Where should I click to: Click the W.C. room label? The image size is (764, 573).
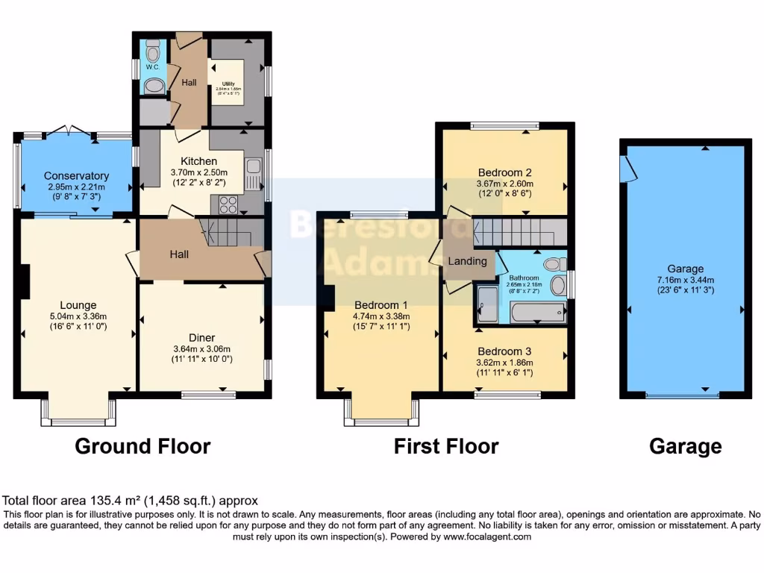152,67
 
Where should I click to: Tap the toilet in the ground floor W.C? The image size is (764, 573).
153,53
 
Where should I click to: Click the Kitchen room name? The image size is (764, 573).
199,161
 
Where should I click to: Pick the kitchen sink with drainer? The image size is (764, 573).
253,174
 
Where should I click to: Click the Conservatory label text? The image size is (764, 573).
76,176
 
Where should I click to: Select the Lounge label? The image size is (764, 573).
78,304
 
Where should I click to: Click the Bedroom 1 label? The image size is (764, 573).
381,304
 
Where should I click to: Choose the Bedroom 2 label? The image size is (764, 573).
504,172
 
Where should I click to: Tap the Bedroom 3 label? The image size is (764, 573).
504,351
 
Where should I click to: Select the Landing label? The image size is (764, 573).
467,261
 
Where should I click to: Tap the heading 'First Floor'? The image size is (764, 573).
446,446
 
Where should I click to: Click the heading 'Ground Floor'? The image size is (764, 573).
143,446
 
